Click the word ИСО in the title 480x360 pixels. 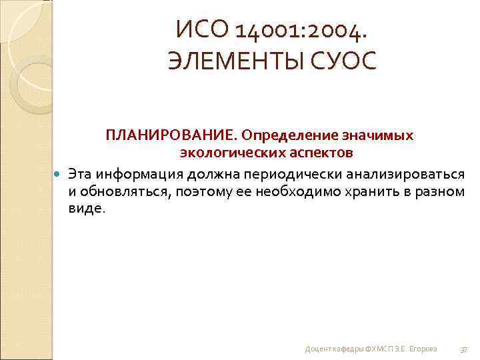point(197,29)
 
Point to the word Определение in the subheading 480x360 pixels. point(283,135)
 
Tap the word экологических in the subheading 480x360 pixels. point(223,153)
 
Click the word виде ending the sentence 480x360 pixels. point(85,209)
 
